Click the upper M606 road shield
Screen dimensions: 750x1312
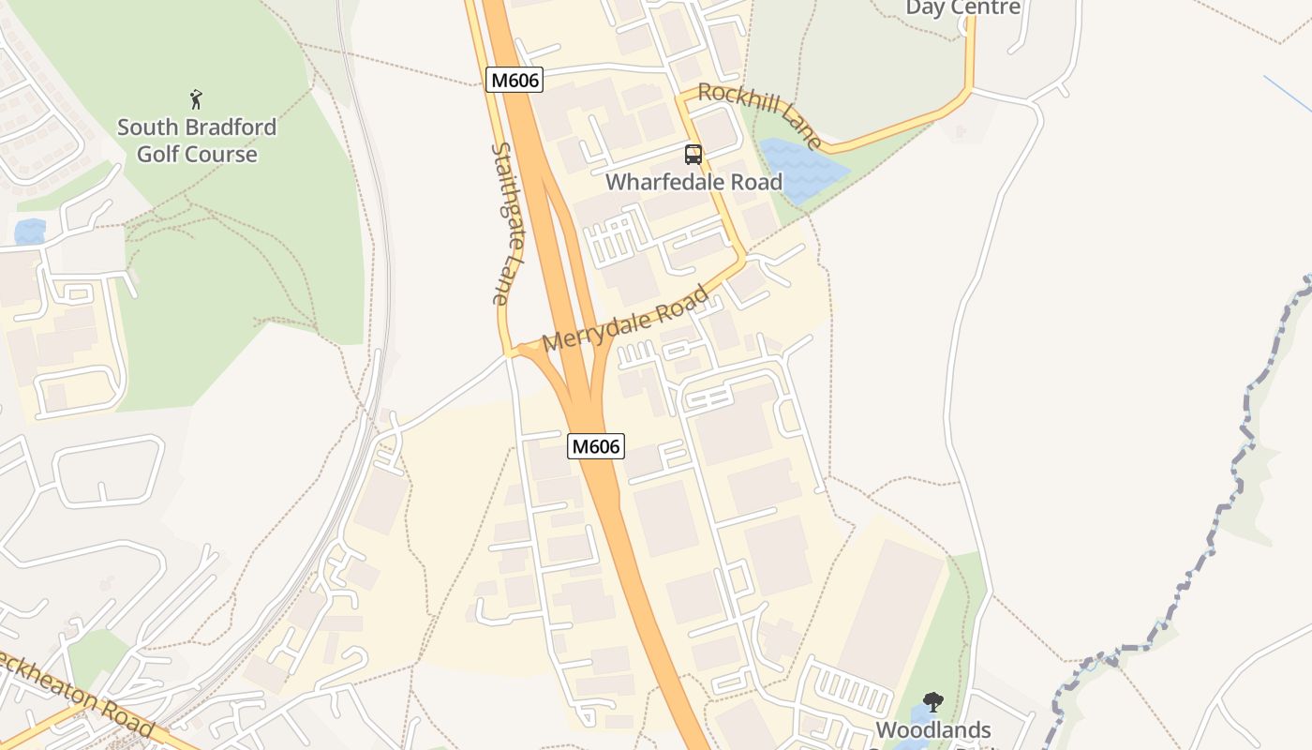pos(515,80)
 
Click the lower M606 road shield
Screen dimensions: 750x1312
pos(596,446)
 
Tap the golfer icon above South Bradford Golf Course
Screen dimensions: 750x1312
pos(196,99)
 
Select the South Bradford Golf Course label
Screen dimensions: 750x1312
pos(197,141)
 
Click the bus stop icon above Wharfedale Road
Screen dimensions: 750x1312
pos(693,155)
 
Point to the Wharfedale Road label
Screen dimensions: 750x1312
pos(693,182)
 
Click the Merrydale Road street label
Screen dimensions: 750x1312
pos(625,320)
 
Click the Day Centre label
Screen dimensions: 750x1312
pos(962,8)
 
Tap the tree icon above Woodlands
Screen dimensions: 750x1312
pos(932,702)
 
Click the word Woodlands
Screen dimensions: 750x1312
pos(933,729)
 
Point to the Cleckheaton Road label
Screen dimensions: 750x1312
pos(75,694)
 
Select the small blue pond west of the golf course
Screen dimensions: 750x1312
pos(30,231)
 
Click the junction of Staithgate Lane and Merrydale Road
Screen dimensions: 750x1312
pos(510,353)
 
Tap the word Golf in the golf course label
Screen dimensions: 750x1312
pos(164,154)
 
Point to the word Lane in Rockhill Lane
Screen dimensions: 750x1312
pos(798,130)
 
